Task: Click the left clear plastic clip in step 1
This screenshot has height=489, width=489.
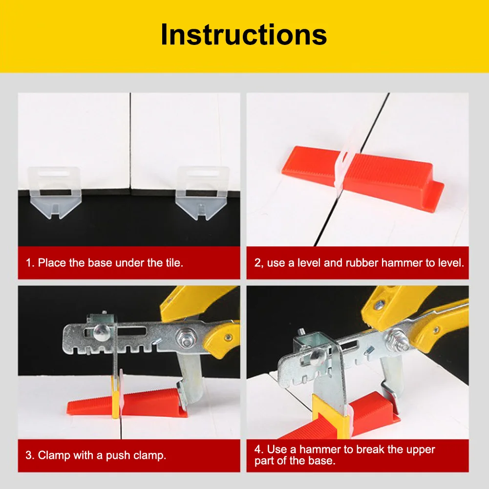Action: pos(55,192)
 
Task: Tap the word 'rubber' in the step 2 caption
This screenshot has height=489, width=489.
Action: pos(362,263)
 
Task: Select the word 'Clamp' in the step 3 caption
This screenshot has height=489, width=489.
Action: pos(54,455)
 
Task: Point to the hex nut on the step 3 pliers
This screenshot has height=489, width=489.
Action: pos(185,339)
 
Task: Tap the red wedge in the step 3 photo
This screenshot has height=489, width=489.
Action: pos(127,403)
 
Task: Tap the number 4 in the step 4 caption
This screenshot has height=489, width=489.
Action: pos(257,449)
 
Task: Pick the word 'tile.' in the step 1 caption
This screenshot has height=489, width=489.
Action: pos(174,263)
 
